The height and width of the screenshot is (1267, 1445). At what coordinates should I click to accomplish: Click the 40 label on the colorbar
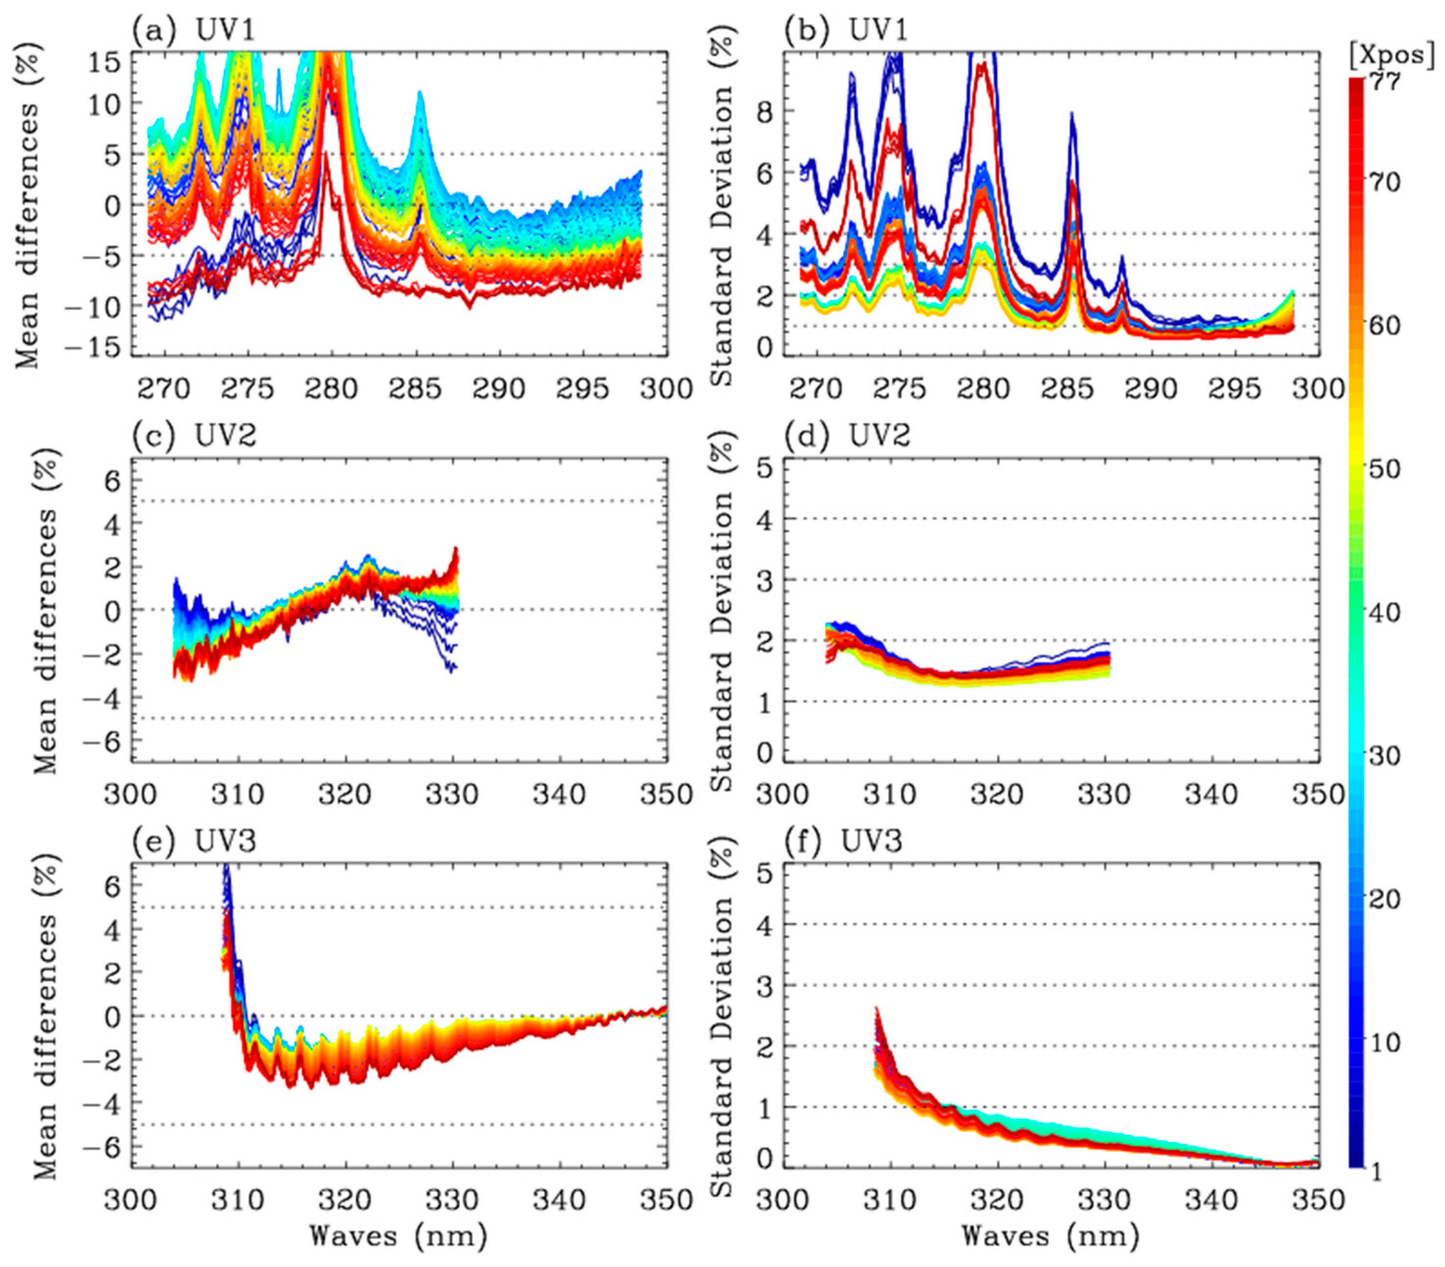[x=1384, y=612]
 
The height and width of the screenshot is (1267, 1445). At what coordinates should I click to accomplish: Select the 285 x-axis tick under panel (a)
[x=415, y=389]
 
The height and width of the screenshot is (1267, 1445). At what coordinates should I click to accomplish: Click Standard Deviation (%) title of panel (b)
[x=722, y=205]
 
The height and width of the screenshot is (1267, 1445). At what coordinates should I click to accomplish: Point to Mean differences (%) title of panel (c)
[x=45, y=611]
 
